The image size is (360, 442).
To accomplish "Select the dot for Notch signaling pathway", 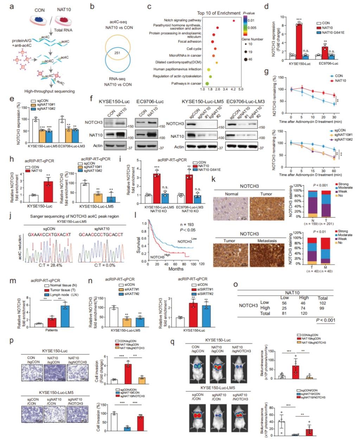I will point(234,20).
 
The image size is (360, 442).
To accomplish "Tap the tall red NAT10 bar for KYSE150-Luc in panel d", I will point(299,40).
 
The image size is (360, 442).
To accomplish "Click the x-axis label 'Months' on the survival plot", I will point(176,269).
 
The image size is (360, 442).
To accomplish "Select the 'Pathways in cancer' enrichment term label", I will point(186,83).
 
